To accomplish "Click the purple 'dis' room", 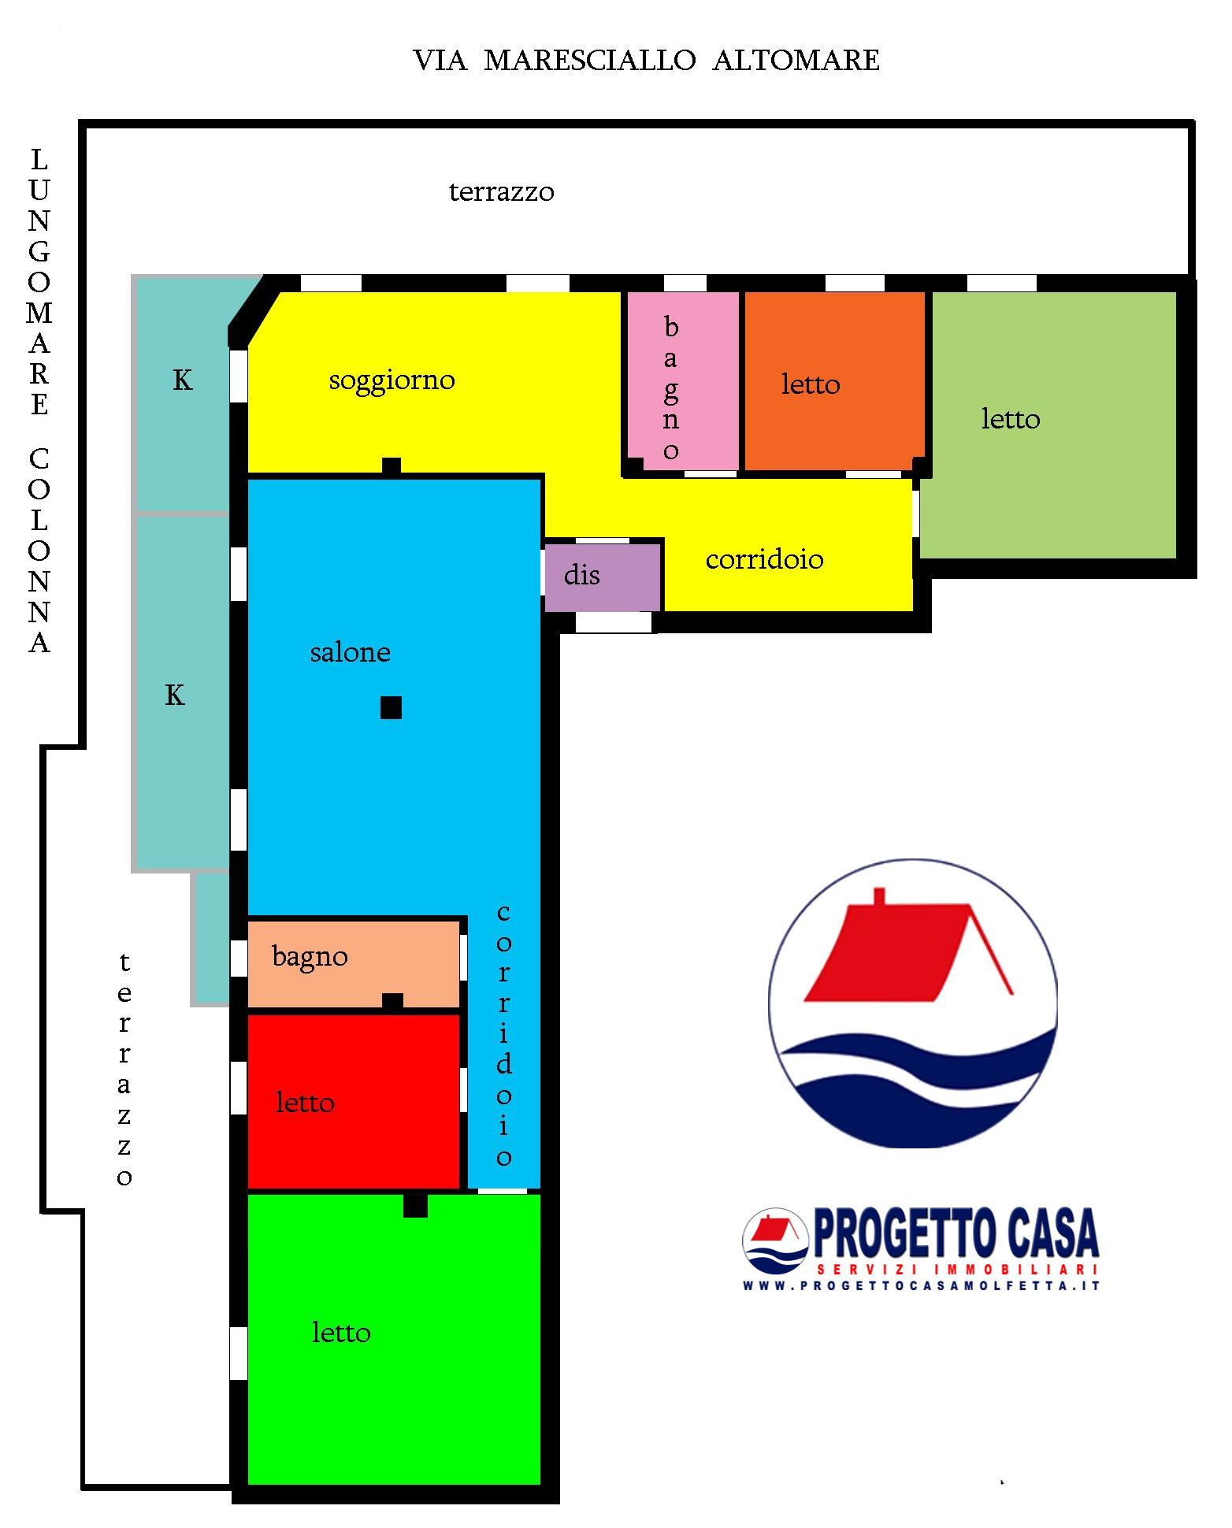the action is coord(603,577).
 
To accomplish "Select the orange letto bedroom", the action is coord(835,381).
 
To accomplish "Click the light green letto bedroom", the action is coord(1049,425).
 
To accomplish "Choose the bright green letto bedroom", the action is coord(394,1340).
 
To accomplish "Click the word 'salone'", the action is coord(350,652).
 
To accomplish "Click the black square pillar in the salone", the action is coord(391,707).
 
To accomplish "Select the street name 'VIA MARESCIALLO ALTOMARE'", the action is coord(646,61).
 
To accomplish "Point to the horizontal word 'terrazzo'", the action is coord(501,192).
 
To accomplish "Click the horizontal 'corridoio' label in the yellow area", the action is coord(764,559).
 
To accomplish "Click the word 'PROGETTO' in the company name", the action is coord(903,1234).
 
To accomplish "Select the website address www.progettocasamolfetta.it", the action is coord(921,1286).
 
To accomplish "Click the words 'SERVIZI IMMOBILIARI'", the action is coord(957,1270).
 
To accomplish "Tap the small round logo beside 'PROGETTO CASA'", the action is coord(775,1241).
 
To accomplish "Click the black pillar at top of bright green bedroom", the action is coord(415,1206).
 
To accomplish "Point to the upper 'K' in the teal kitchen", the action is coord(182,380).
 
